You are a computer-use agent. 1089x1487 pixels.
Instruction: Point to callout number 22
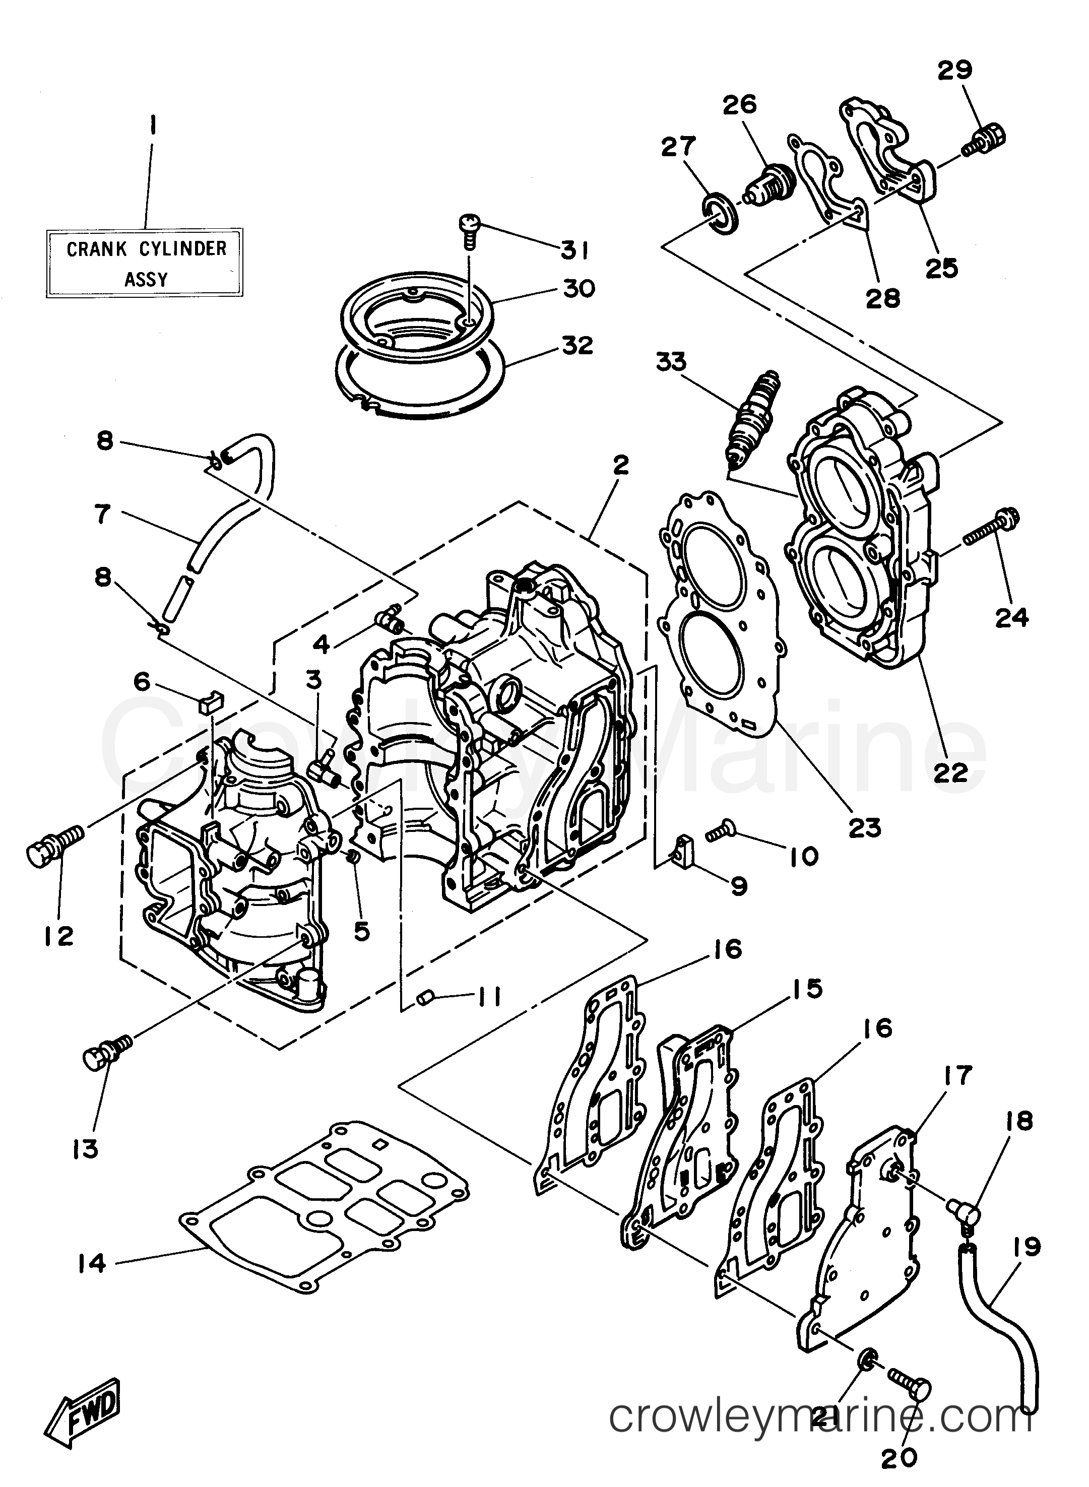tap(950, 772)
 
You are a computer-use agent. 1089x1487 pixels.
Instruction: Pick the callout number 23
tap(865, 827)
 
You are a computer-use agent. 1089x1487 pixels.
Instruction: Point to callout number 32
tap(577, 345)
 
